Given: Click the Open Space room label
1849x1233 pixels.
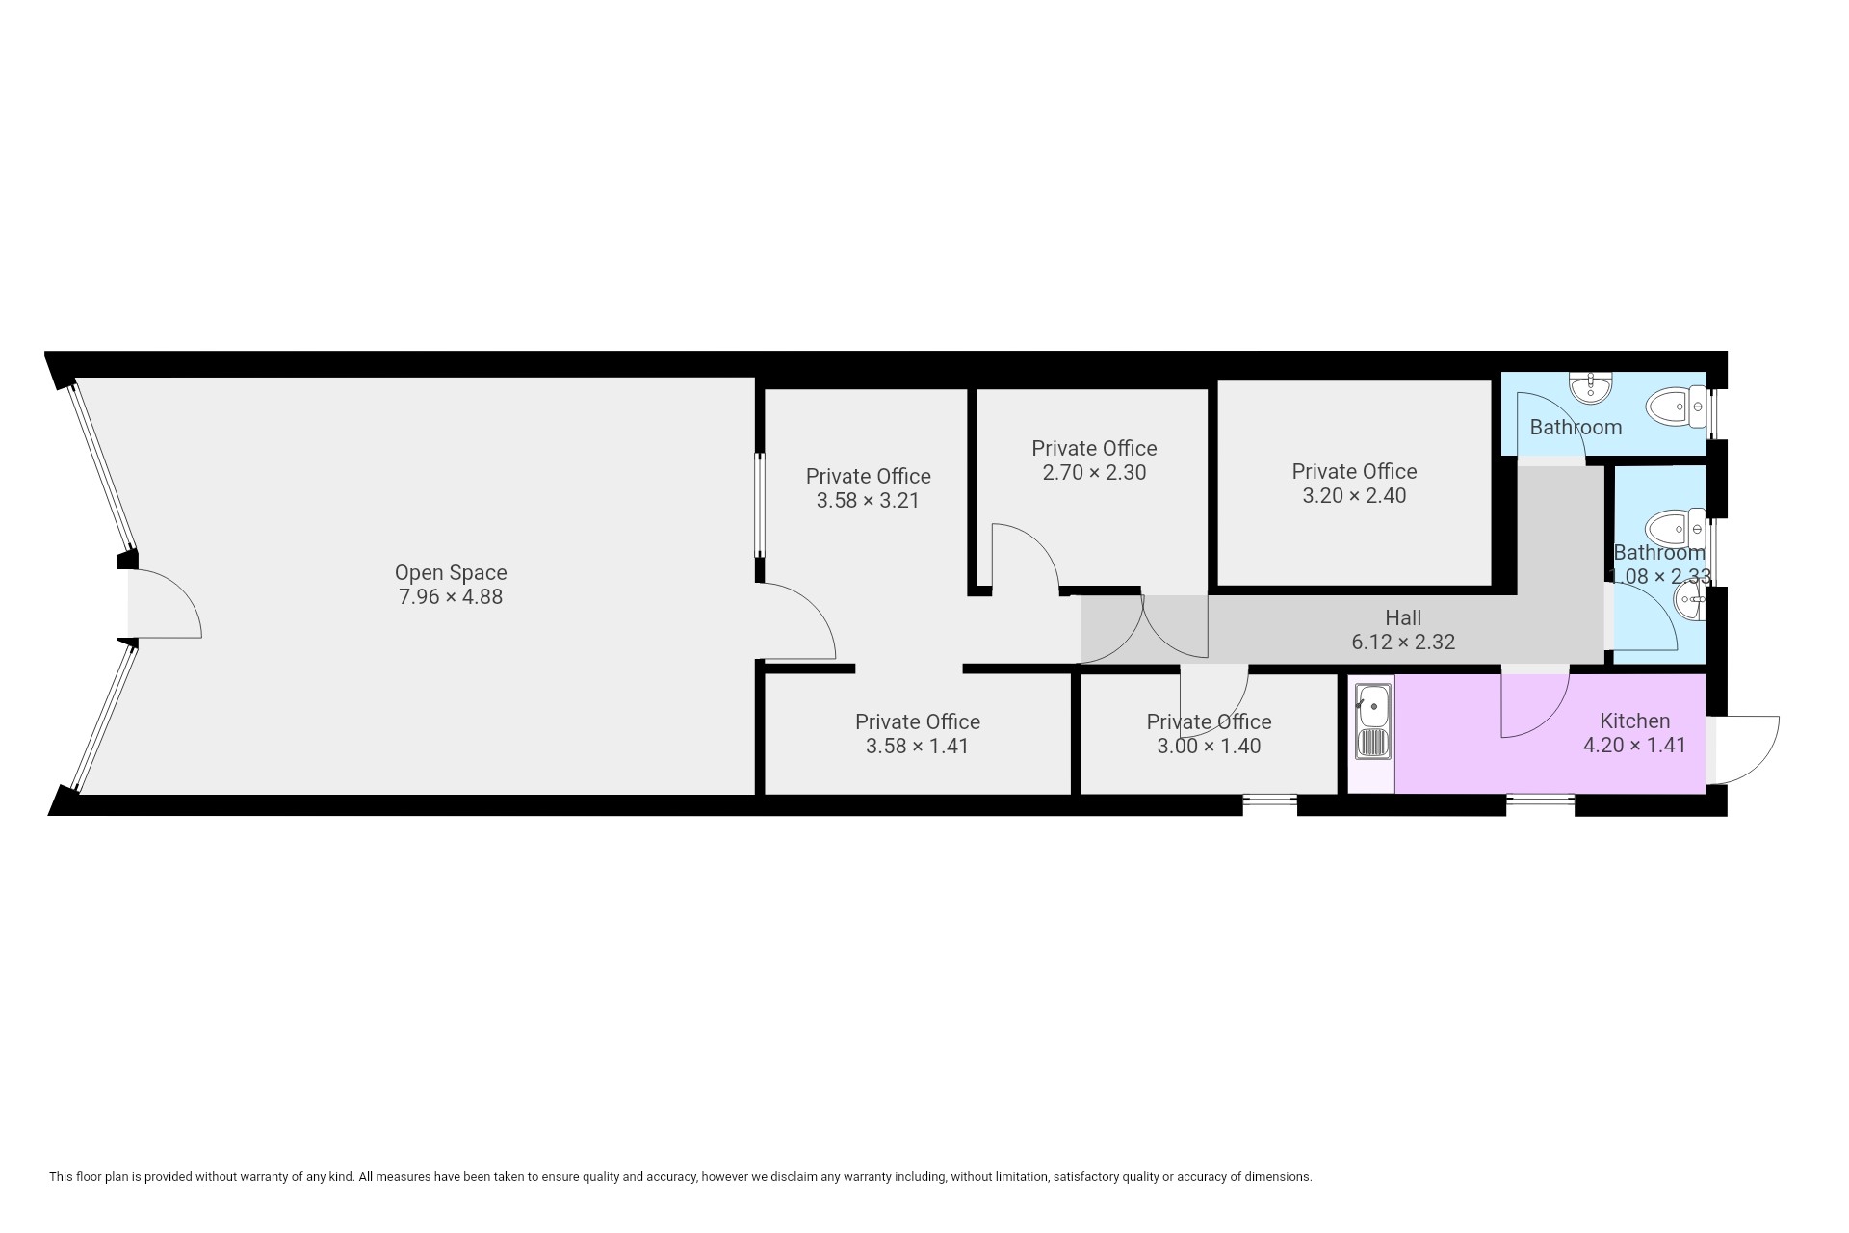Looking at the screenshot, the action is pos(451,573).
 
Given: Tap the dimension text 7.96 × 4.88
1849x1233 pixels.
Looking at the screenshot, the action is pos(451,597).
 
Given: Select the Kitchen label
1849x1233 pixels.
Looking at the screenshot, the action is pos(1634,721).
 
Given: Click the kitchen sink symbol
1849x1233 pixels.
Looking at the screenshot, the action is pos(1372,721).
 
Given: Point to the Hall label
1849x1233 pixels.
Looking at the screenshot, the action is pos(1403,617).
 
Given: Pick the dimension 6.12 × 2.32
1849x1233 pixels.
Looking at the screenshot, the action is pos(1403,642).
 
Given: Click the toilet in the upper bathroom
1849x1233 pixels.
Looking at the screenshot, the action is pos(1677,407).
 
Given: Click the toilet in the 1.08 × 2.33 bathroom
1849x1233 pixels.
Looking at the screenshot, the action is pos(1676,529).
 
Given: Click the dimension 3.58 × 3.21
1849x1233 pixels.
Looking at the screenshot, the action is pos(868,501).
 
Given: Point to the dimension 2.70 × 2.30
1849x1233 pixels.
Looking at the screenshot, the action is pos(1094,473).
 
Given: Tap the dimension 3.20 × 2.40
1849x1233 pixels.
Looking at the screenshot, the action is pos(1354,496).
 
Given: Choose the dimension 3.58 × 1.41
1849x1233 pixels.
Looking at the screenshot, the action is pos(917,747).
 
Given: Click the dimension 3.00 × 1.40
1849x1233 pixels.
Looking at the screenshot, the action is pos(1209,747).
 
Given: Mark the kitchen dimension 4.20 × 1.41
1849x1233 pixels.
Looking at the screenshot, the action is pos(1634,745).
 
